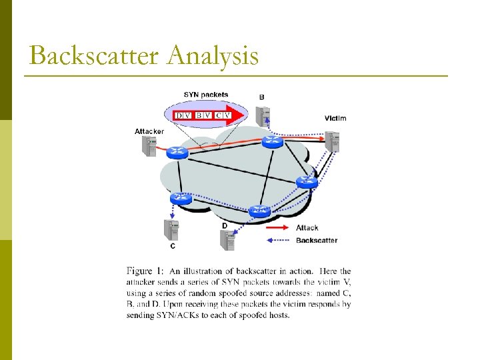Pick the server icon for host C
click(x=172, y=229)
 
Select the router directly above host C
click(x=179, y=198)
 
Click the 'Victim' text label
click(x=335, y=118)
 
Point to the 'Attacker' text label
click(x=149, y=131)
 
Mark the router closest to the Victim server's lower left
click(x=307, y=181)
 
